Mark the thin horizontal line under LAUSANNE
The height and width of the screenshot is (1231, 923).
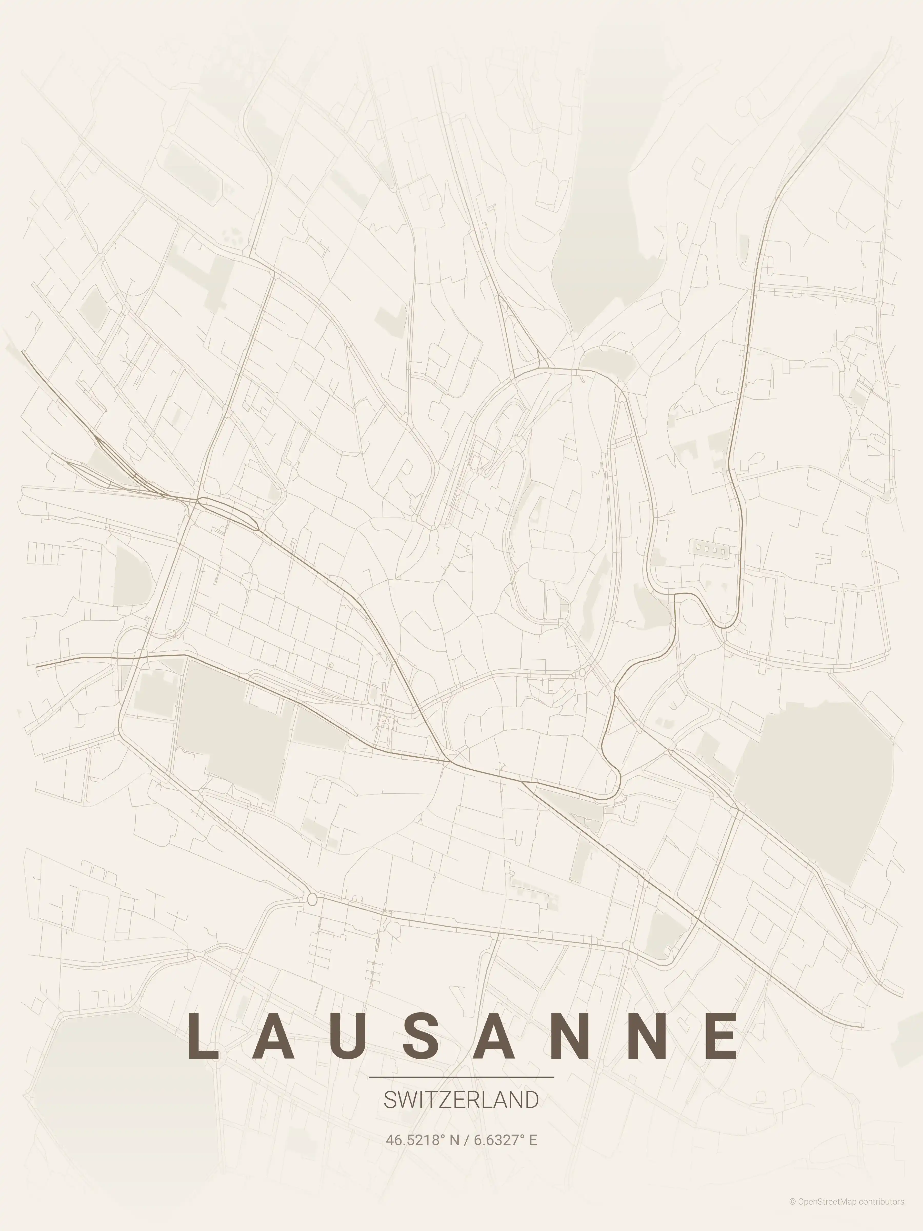tap(461, 1077)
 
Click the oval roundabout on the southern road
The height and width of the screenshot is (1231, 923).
tap(312, 899)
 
